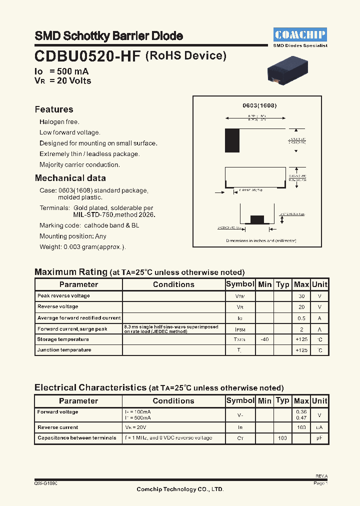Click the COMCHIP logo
click(300, 34)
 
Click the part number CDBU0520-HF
click(88, 56)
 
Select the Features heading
click(54, 109)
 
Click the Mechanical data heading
click(70, 178)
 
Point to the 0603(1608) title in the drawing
click(259, 106)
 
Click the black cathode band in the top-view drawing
click(232, 140)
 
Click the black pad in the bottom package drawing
click(256, 219)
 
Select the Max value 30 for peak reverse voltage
click(301, 296)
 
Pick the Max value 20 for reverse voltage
click(301, 307)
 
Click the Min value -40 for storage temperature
click(264, 339)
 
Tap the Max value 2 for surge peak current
click(301, 328)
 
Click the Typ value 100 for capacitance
click(282, 438)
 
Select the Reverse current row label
click(58, 427)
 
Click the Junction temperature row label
click(64, 350)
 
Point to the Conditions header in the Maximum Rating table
click(173, 284)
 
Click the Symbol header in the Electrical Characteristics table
click(240, 400)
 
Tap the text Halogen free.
click(59, 122)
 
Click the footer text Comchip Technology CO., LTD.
click(180, 489)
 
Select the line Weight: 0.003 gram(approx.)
click(83, 247)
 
